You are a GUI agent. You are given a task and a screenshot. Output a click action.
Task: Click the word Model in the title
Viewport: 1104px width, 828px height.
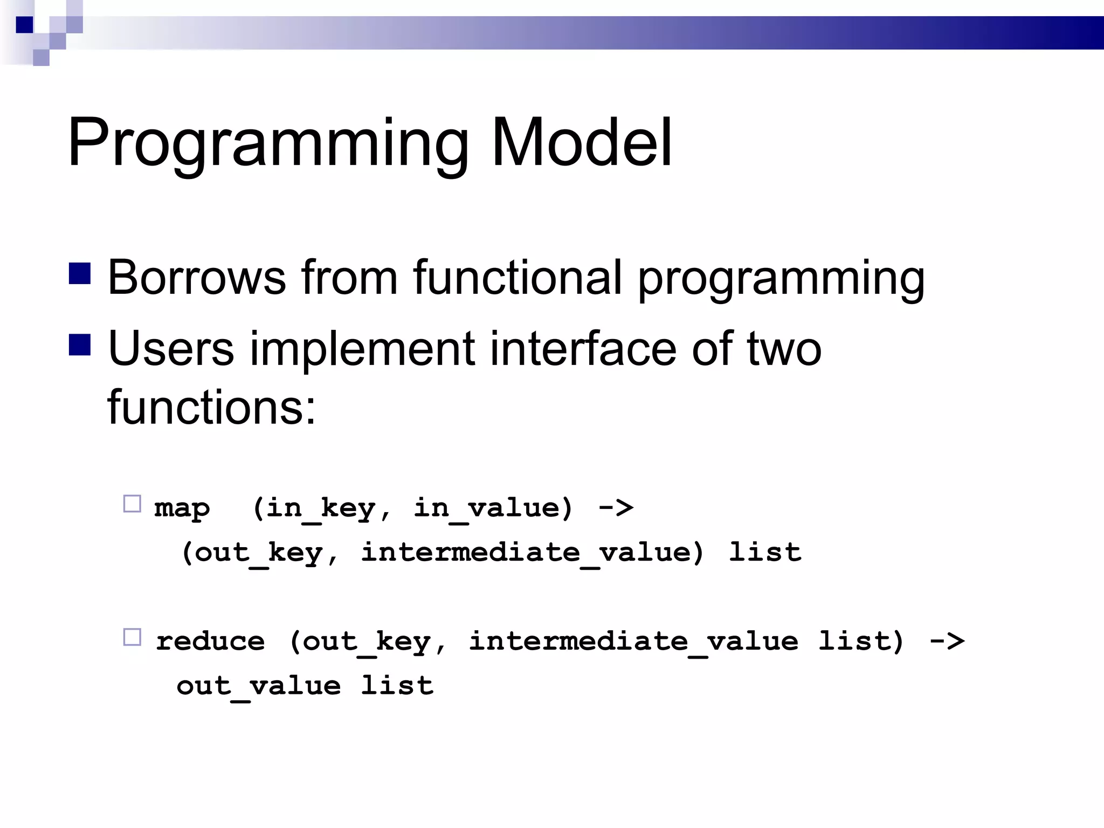point(581,143)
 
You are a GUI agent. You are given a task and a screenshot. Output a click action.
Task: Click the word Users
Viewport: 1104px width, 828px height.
point(171,349)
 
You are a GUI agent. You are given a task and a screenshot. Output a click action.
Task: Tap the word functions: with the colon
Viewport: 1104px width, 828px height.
point(211,407)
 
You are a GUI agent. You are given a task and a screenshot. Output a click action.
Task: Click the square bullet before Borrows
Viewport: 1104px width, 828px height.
point(80,273)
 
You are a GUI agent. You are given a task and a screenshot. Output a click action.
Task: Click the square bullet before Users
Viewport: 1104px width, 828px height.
point(80,345)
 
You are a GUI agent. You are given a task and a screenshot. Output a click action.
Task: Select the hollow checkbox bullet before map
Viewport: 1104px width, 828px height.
point(132,503)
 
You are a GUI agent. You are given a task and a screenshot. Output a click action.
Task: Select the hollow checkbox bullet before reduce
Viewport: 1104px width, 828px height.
point(132,637)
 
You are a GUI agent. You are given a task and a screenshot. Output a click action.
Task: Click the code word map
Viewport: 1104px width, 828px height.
point(182,508)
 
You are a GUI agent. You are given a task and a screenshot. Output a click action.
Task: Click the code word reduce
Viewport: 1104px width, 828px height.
point(210,641)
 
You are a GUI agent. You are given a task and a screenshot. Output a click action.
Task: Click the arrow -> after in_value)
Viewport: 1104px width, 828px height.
point(616,508)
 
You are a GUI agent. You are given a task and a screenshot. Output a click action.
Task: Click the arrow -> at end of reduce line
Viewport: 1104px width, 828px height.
point(947,641)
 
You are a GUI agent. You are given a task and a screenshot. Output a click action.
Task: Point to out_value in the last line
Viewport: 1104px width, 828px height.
point(259,686)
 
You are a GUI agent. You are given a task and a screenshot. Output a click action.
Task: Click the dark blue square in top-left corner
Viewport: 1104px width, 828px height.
point(24,25)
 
